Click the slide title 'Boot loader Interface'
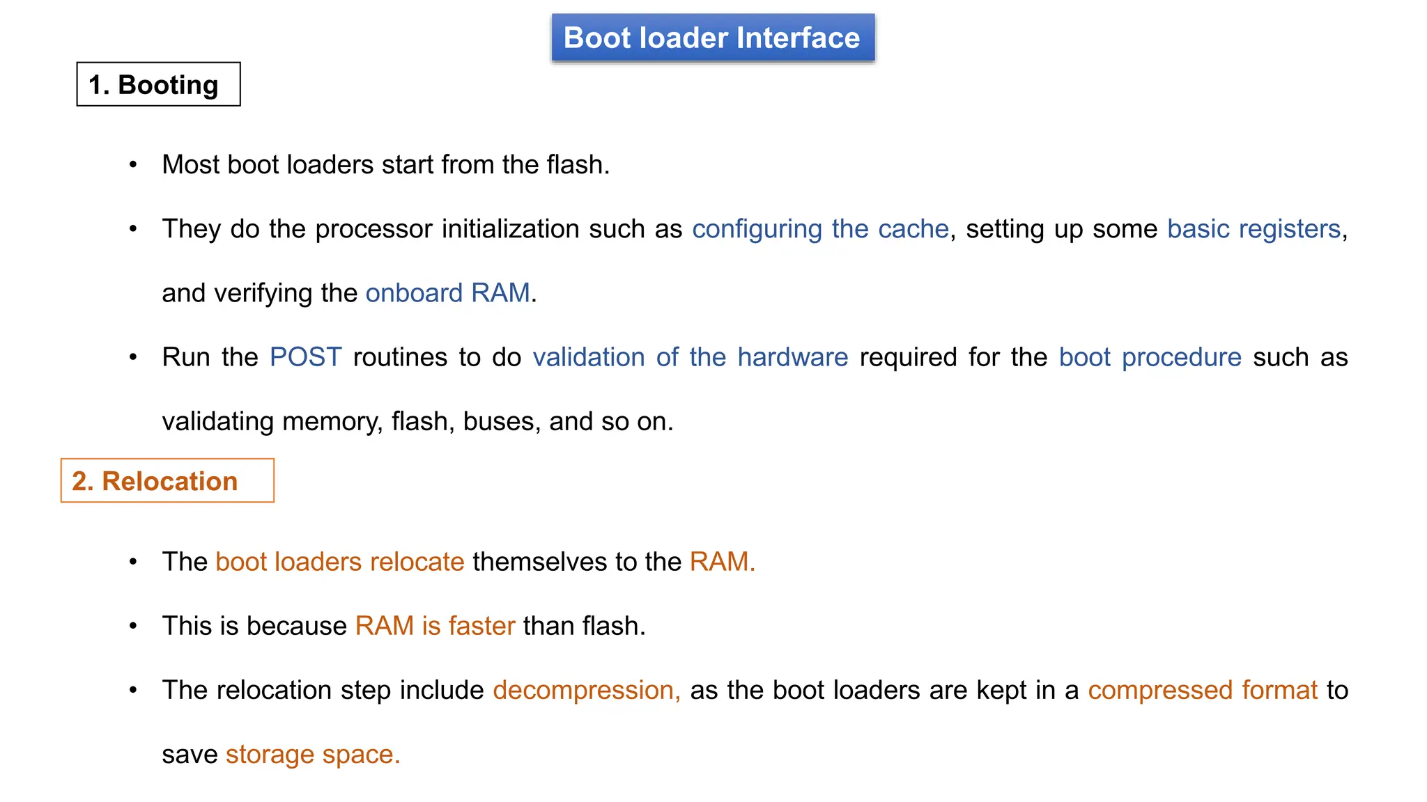[x=712, y=38]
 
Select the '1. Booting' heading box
[x=158, y=84]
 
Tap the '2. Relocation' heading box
[x=167, y=480]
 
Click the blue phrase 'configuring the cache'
[x=820, y=229]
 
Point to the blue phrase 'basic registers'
[x=1254, y=229]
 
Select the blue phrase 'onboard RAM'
[x=447, y=293]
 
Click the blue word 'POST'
[x=305, y=357]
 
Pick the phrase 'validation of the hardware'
[x=690, y=357]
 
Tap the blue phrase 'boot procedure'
[x=1150, y=357]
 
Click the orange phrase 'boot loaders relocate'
[x=340, y=562]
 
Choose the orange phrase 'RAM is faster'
[x=435, y=626]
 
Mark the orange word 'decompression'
[x=584, y=690]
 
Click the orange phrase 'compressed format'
[x=1203, y=690]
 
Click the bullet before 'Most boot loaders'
[x=133, y=165]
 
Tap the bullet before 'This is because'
[x=133, y=626]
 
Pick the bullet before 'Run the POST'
[x=133, y=357]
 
